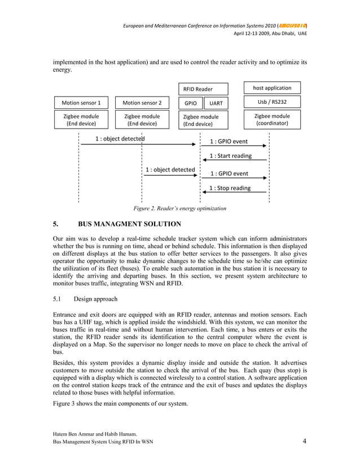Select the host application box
[x=273, y=88]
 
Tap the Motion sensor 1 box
[x=81, y=103]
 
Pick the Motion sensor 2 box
[x=142, y=103]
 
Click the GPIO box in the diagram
[x=191, y=104]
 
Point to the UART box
[x=216, y=104]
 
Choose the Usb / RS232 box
[x=273, y=102]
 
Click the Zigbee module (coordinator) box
[x=273, y=120]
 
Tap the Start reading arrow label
[x=230, y=156]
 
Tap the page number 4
[x=304, y=441]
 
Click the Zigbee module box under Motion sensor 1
[x=81, y=120]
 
